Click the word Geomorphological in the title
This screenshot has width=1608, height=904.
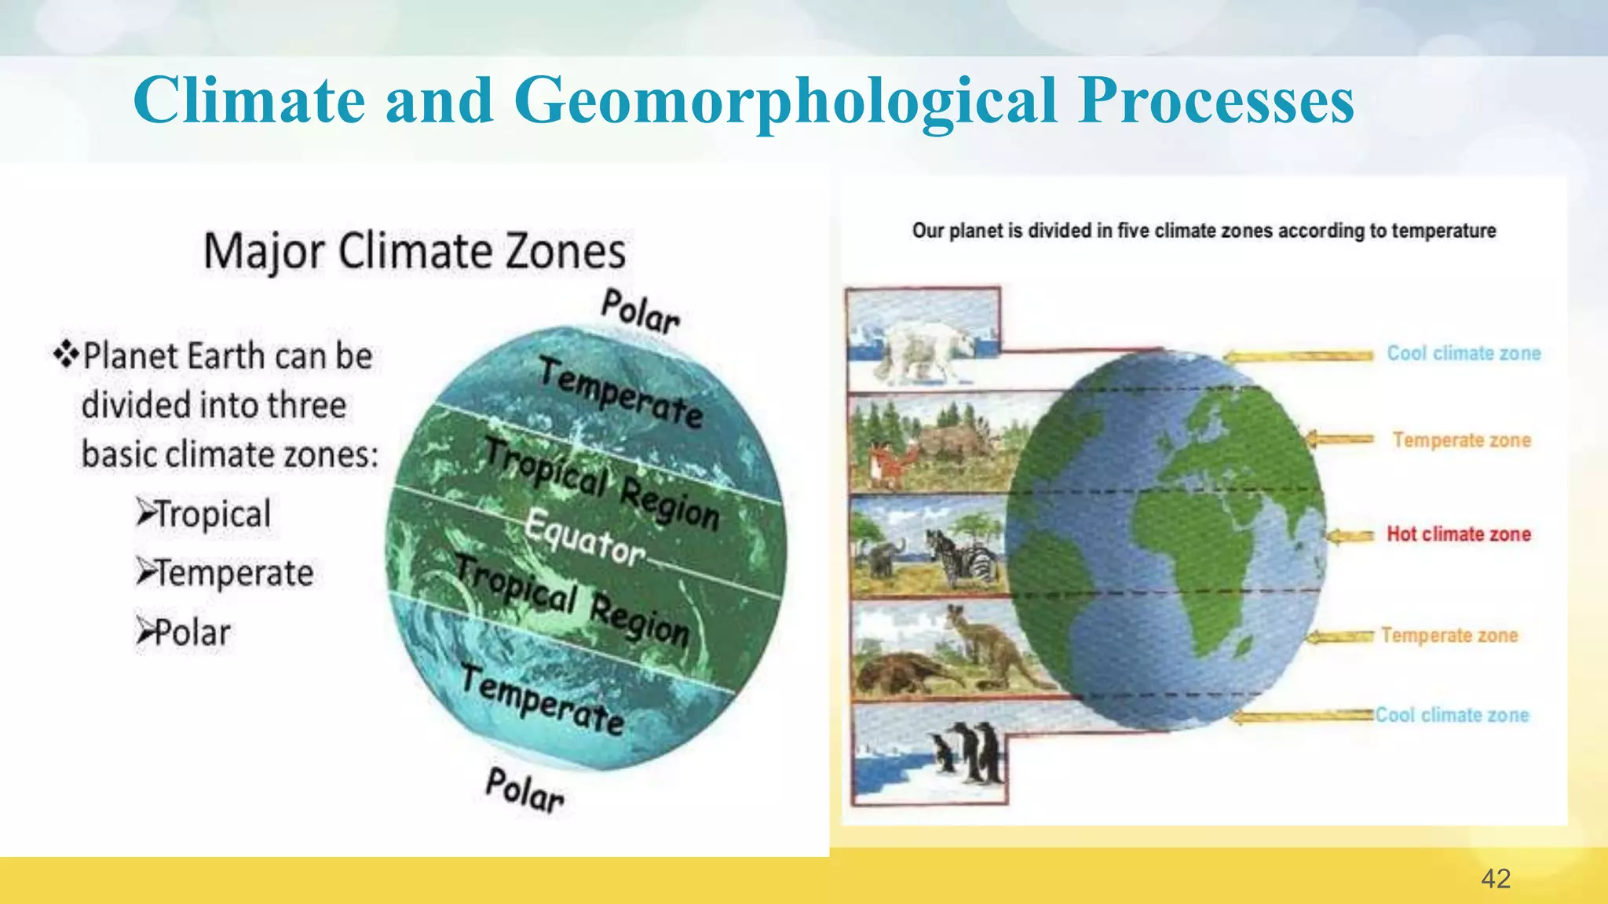click(x=785, y=102)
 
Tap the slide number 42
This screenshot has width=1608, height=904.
click(x=1495, y=878)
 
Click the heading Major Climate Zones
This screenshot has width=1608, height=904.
click(x=415, y=252)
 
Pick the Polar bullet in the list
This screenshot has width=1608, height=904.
click(x=185, y=632)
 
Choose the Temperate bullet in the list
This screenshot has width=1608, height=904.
click(x=225, y=574)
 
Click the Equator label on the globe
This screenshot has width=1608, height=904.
click(x=584, y=538)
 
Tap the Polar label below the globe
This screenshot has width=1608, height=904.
click(x=524, y=789)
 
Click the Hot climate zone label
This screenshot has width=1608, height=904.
click(x=1458, y=534)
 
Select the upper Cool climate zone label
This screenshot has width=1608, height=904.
click(x=1464, y=353)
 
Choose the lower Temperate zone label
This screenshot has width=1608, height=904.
click(x=1449, y=635)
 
